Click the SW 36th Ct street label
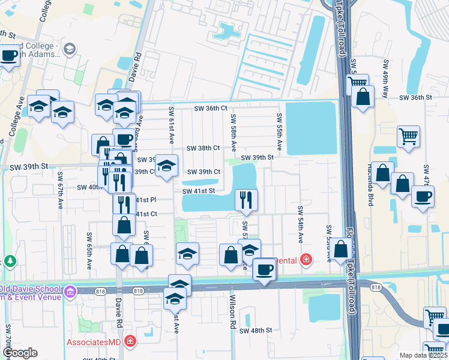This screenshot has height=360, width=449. [x=210, y=109]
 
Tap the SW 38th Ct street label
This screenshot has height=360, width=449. [x=203, y=148]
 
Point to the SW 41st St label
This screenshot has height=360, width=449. [x=199, y=191]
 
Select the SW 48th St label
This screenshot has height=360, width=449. [x=256, y=331]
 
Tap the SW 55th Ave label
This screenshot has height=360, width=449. [x=280, y=131]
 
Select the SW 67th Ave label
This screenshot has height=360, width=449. [x=61, y=190]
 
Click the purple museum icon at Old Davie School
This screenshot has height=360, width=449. [x=71, y=292]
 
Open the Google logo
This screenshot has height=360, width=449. [x=19, y=353]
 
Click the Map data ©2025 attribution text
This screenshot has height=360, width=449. [x=423, y=355]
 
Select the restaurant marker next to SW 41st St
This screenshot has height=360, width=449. [x=246, y=199]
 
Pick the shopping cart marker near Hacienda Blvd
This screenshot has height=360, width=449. [x=408, y=136]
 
